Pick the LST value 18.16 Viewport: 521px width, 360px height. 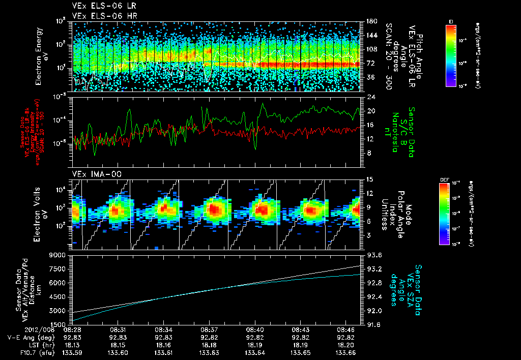163,345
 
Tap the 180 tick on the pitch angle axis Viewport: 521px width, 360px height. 370,21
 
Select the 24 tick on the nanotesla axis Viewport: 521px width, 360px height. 370,97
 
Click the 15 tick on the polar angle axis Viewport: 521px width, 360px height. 369,179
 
